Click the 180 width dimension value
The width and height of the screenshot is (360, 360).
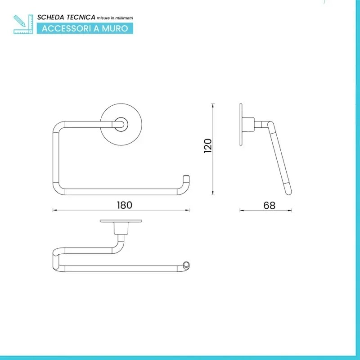125,205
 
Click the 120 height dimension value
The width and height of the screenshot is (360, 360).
208,146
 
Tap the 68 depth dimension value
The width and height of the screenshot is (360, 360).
269,206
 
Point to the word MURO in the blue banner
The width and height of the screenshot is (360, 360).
115,28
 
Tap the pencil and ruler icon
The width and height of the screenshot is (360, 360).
23,24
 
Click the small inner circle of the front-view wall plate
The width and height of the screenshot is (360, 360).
121,125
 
